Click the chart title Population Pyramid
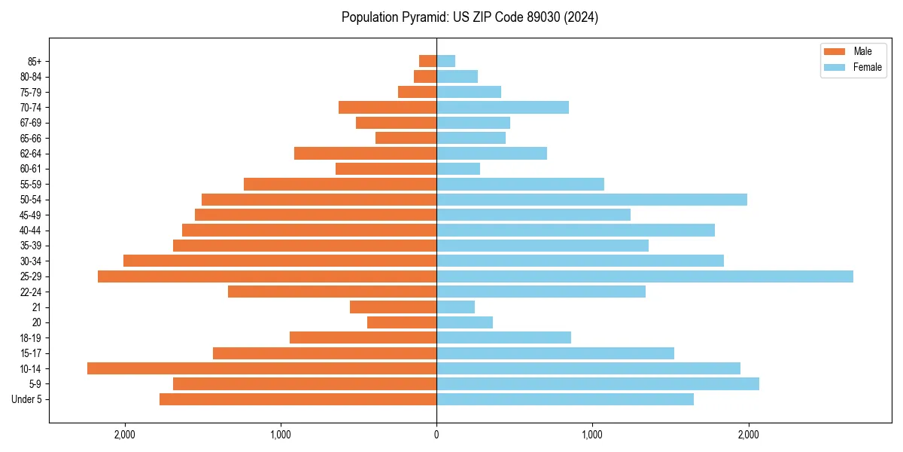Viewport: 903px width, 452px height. coord(470,17)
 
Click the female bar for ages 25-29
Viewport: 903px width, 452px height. coord(645,276)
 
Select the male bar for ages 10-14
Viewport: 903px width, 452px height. coord(262,368)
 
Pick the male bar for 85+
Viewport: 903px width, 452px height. coord(427,61)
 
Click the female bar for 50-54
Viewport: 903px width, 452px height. coord(591,200)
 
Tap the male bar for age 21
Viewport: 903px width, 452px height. coord(393,307)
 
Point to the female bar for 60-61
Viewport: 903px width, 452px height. coord(458,169)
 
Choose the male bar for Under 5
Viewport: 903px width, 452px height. coord(298,399)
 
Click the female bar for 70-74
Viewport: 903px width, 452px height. coord(503,108)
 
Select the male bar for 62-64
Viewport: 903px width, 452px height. coord(365,154)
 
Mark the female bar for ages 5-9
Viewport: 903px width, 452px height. coord(597,384)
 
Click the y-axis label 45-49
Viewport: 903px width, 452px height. coord(31,215)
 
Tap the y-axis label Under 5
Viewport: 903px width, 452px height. coord(27,399)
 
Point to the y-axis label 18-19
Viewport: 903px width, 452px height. coord(31,338)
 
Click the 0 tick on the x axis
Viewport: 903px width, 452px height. coord(436,435)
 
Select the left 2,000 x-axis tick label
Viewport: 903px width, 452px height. coord(124,435)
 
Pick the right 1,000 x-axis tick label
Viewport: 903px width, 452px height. coord(592,435)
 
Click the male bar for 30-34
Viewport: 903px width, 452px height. coord(280,261)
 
